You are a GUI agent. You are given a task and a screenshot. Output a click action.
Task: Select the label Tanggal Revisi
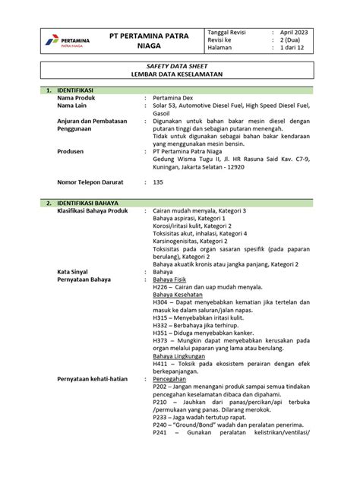[229, 33]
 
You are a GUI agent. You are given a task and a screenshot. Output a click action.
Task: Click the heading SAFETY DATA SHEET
[180, 68]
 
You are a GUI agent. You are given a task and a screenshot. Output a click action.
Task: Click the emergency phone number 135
[158, 182]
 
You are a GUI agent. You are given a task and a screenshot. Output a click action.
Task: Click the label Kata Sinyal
[74, 270]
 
